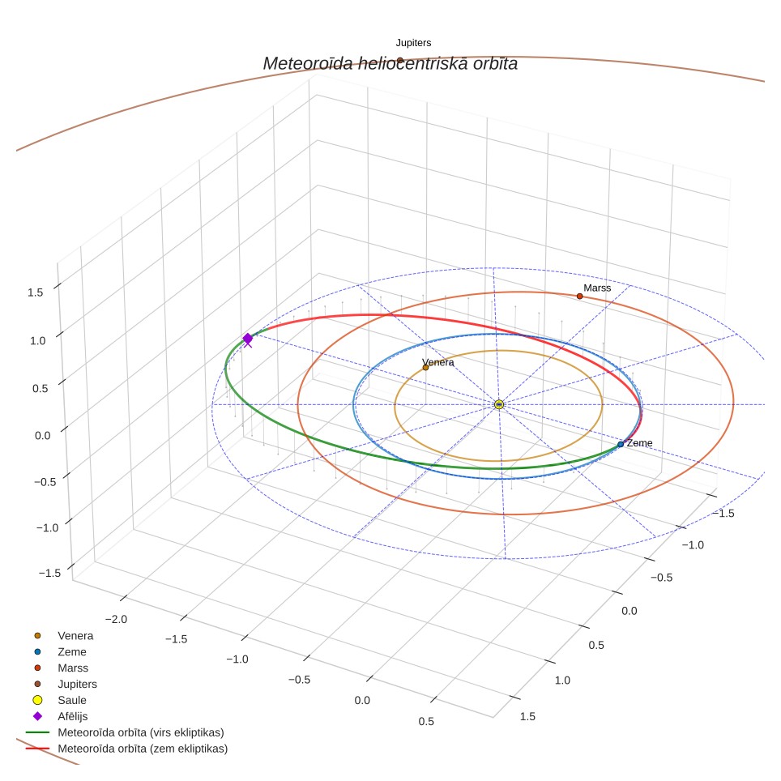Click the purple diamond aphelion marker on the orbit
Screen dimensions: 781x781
(x=248, y=339)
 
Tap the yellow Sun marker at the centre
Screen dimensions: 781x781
(x=499, y=404)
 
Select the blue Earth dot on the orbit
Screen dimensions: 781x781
(x=621, y=444)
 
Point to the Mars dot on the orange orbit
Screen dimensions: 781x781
(x=580, y=297)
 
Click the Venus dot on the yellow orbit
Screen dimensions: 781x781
(x=425, y=368)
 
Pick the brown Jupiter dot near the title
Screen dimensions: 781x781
(x=400, y=61)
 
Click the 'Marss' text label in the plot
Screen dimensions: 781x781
(x=597, y=288)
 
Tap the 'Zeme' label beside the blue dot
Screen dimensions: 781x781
(x=639, y=443)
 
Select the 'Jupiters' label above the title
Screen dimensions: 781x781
(x=413, y=43)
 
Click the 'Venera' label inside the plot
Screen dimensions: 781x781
(x=437, y=362)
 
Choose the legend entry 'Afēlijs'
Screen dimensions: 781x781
(x=73, y=716)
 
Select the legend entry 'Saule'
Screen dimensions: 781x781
(x=72, y=700)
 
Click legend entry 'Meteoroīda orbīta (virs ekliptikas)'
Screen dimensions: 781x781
(x=141, y=732)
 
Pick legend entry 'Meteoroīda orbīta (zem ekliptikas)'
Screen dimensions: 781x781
(x=143, y=749)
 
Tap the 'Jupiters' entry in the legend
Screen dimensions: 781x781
(x=77, y=685)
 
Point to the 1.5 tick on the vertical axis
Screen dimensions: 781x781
(x=36, y=292)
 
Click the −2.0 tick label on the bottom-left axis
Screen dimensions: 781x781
(x=117, y=619)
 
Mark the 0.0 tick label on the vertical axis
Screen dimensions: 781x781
(x=43, y=436)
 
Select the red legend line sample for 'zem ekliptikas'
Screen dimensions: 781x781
(x=37, y=749)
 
